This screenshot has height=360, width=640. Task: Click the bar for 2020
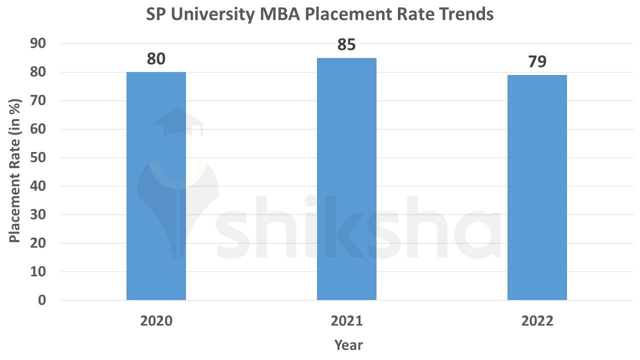(x=156, y=186)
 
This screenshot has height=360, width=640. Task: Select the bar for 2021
(x=346, y=179)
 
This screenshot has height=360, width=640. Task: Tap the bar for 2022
(x=537, y=187)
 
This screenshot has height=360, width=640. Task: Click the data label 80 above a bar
(x=156, y=59)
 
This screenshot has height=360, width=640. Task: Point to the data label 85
(x=346, y=45)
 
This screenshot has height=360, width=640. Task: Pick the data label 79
(x=537, y=62)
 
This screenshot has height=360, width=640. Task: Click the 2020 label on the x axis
(x=156, y=321)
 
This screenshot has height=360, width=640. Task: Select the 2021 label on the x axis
(x=346, y=321)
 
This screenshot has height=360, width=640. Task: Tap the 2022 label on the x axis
(x=537, y=321)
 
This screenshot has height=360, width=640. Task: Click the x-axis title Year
(x=348, y=345)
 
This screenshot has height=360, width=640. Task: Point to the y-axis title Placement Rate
(x=15, y=171)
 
